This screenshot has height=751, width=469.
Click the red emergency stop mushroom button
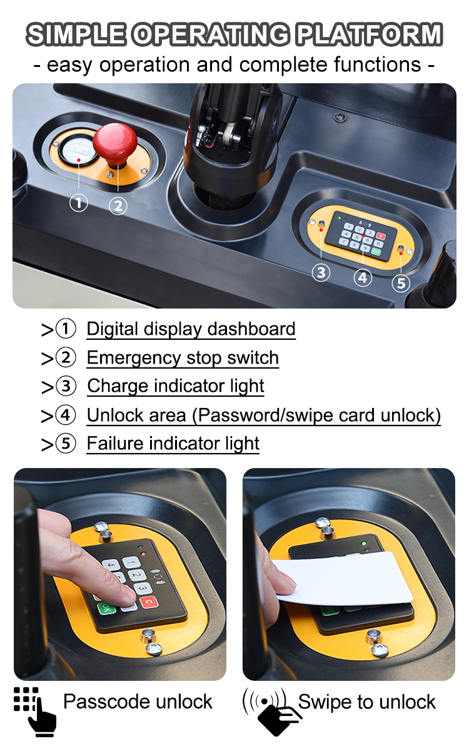115,141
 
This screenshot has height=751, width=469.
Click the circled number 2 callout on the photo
118,205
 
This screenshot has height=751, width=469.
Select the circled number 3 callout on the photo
321,273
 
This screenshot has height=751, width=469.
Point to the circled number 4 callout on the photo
363,277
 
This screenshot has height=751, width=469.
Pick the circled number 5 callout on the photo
401,283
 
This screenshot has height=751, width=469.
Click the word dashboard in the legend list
251,329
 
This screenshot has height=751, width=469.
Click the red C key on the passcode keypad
148,602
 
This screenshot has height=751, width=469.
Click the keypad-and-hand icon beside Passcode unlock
35,710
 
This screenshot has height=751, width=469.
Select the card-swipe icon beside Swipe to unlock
267,710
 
